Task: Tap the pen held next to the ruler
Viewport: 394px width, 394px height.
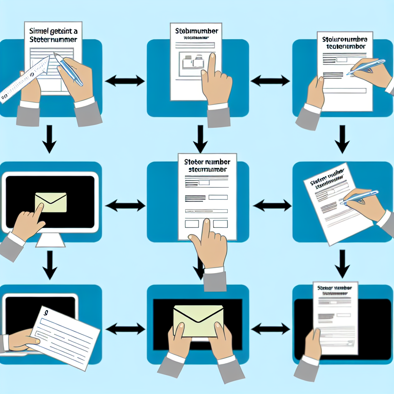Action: click(x=69, y=69)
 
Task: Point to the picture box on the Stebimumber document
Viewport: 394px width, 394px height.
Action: click(x=192, y=62)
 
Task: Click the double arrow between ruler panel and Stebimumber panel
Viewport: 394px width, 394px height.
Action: click(x=124, y=81)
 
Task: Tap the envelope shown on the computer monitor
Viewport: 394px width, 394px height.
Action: click(x=50, y=202)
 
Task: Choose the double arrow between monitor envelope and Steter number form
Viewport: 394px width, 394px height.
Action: click(x=125, y=206)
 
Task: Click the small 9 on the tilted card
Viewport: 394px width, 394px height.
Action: click(x=46, y=314)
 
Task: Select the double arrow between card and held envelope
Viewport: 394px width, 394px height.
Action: click(x=125, y=329)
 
